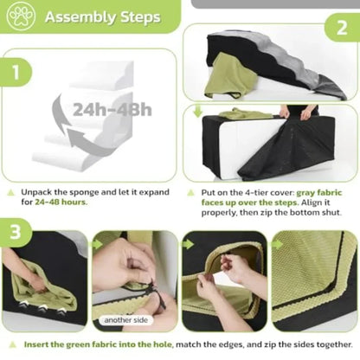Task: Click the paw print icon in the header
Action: pyautogui.click(x=21, y=16)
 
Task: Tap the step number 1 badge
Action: pyautogui.click(x=16, y=72)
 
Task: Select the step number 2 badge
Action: pyautogui.click(x=343, y=28)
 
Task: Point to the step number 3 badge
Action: pyautogui.click(x=16, y=232)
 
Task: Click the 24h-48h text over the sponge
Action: pyautogui.click(x=112, y=110)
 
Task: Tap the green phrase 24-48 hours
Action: pyautogui.click(x=61, y=202)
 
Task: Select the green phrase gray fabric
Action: pyautogui.click(x=319, y=193)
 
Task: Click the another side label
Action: pyautogui.click(x=126, y=320)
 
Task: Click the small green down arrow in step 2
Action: pyautogui.click(x=197, y=112)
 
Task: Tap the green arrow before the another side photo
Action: pyautogui.click(x=97, y=244)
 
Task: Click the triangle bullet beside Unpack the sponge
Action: pyautogui.click(x=11, y=192)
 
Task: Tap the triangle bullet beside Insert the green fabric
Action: pyautogui.click(x=12, y=344)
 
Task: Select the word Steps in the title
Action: pyautogui.click(x=140, y=18)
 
